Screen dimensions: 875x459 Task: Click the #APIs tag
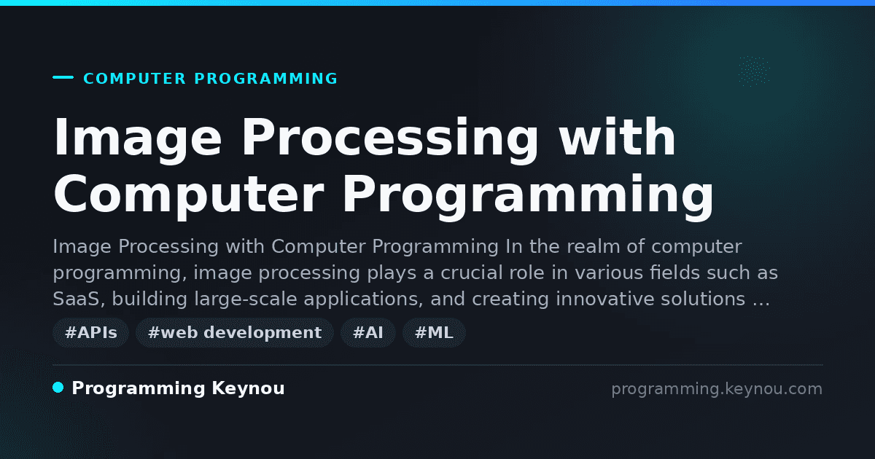click(x=90, y=332)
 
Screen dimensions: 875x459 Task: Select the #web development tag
click(x=235, y=332)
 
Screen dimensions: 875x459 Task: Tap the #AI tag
click(x=368, y=332)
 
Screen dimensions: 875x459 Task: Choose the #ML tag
click(x=434, y=332)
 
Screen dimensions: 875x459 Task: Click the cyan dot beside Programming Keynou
click(x=58, y=388)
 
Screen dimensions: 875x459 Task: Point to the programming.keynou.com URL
click(x=717, y=389)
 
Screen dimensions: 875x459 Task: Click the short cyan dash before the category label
click(x=63, y=77)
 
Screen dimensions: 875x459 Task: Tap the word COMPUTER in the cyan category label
click(x=134, y=79)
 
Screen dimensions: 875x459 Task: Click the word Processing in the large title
click(x=390, y=138)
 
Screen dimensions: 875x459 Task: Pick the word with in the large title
click(x=616, y=137)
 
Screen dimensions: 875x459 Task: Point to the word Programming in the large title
click(x=528, y=196)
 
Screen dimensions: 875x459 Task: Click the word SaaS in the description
click(x=79, y=299)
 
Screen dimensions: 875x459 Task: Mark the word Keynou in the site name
click(x=248, y=388)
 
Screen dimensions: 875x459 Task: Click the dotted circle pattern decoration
click(x=754, y=71)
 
